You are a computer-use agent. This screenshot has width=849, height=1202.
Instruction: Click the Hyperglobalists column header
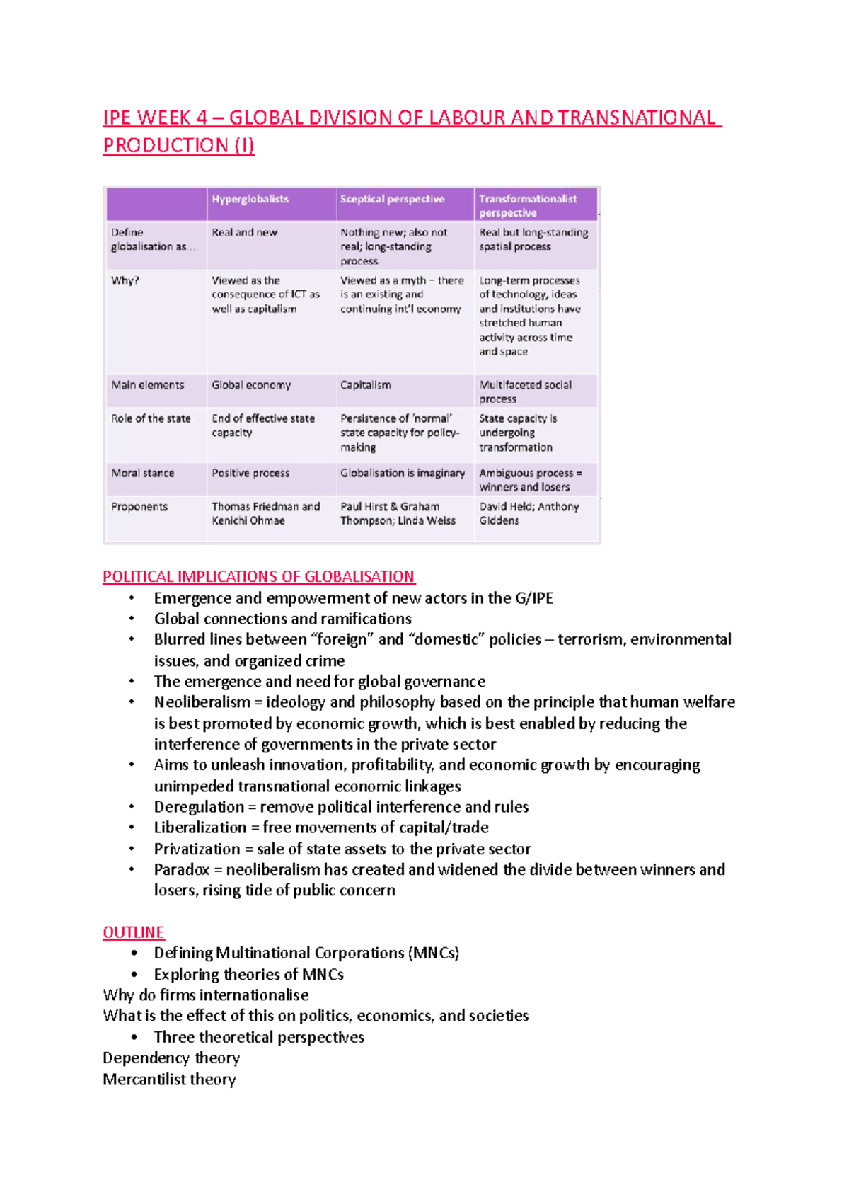[250, 200]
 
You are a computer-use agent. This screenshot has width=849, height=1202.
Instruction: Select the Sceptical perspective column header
[392, 200]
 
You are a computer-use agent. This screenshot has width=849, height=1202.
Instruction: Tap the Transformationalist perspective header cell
[528, 206]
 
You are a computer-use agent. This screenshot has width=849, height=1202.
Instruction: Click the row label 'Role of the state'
[151, 419]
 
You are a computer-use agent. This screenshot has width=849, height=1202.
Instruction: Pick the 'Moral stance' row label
[142, 474]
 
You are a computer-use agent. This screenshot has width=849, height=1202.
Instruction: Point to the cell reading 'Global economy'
[251, 385]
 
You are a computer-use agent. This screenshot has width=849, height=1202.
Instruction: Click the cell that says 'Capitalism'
[365, 385]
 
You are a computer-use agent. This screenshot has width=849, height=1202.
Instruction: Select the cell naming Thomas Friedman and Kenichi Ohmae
[265, 514]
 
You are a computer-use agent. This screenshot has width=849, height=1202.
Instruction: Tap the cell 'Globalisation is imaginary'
[403, 474]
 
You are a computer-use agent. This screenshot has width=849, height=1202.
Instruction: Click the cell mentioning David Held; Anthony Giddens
[529, 514]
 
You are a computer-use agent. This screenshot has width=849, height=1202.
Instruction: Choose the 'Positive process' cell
[250, 474]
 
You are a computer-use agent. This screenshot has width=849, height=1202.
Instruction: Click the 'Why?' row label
[125, 281]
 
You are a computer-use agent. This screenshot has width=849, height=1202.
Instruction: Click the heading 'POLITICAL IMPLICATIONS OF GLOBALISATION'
[259, 577]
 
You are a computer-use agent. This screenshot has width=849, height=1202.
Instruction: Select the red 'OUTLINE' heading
[134, 932]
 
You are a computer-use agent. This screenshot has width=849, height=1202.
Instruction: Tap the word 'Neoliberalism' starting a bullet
[202, 702]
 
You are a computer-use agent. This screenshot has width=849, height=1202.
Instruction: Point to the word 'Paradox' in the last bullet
[182, 869]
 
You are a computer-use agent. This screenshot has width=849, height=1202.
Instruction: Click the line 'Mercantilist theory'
[169, 1080]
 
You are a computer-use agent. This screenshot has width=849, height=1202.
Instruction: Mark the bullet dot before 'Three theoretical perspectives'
[134, 1037]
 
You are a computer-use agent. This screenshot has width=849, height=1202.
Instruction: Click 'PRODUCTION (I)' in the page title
[178, 146]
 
